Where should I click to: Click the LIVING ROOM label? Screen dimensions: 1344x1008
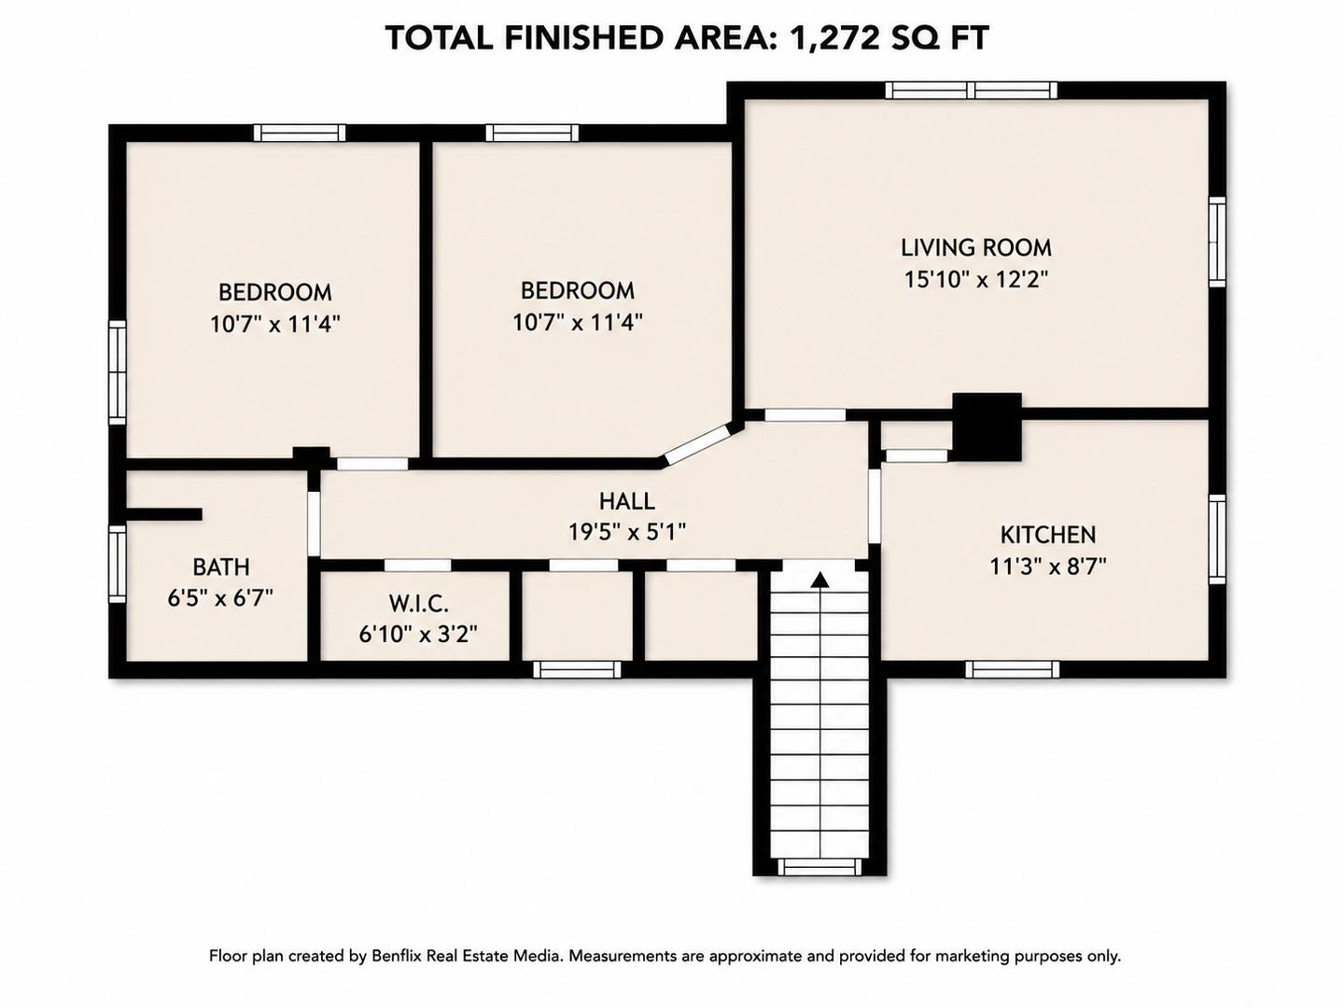click(976, 247)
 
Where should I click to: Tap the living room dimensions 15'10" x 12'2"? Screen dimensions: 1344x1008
click(976, 280)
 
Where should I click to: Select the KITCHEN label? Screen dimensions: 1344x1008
click(1047, 535)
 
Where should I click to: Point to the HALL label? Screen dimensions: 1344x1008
click(627, 501)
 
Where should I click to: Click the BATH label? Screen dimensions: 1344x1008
click(221, 567)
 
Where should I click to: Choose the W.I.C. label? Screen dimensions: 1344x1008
click(419, 604)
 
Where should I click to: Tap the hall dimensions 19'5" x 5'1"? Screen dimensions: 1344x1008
click(627, 532)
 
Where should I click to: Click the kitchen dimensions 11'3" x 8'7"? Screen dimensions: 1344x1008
click(1047, 567)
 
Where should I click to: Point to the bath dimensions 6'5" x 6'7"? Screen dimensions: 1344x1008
click(220, 597)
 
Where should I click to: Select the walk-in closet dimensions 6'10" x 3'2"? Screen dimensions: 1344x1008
click(418, 635)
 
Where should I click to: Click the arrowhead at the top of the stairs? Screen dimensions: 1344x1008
click(819, 581)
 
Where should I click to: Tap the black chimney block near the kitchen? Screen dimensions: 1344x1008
click(987, 427)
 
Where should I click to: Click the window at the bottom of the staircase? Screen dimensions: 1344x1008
click(819, 867)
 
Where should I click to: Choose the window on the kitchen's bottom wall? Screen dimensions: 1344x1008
click(1012, 669)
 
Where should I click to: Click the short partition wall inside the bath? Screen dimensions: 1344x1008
click(163, 514)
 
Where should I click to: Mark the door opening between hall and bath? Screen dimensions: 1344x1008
click(314, 524)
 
